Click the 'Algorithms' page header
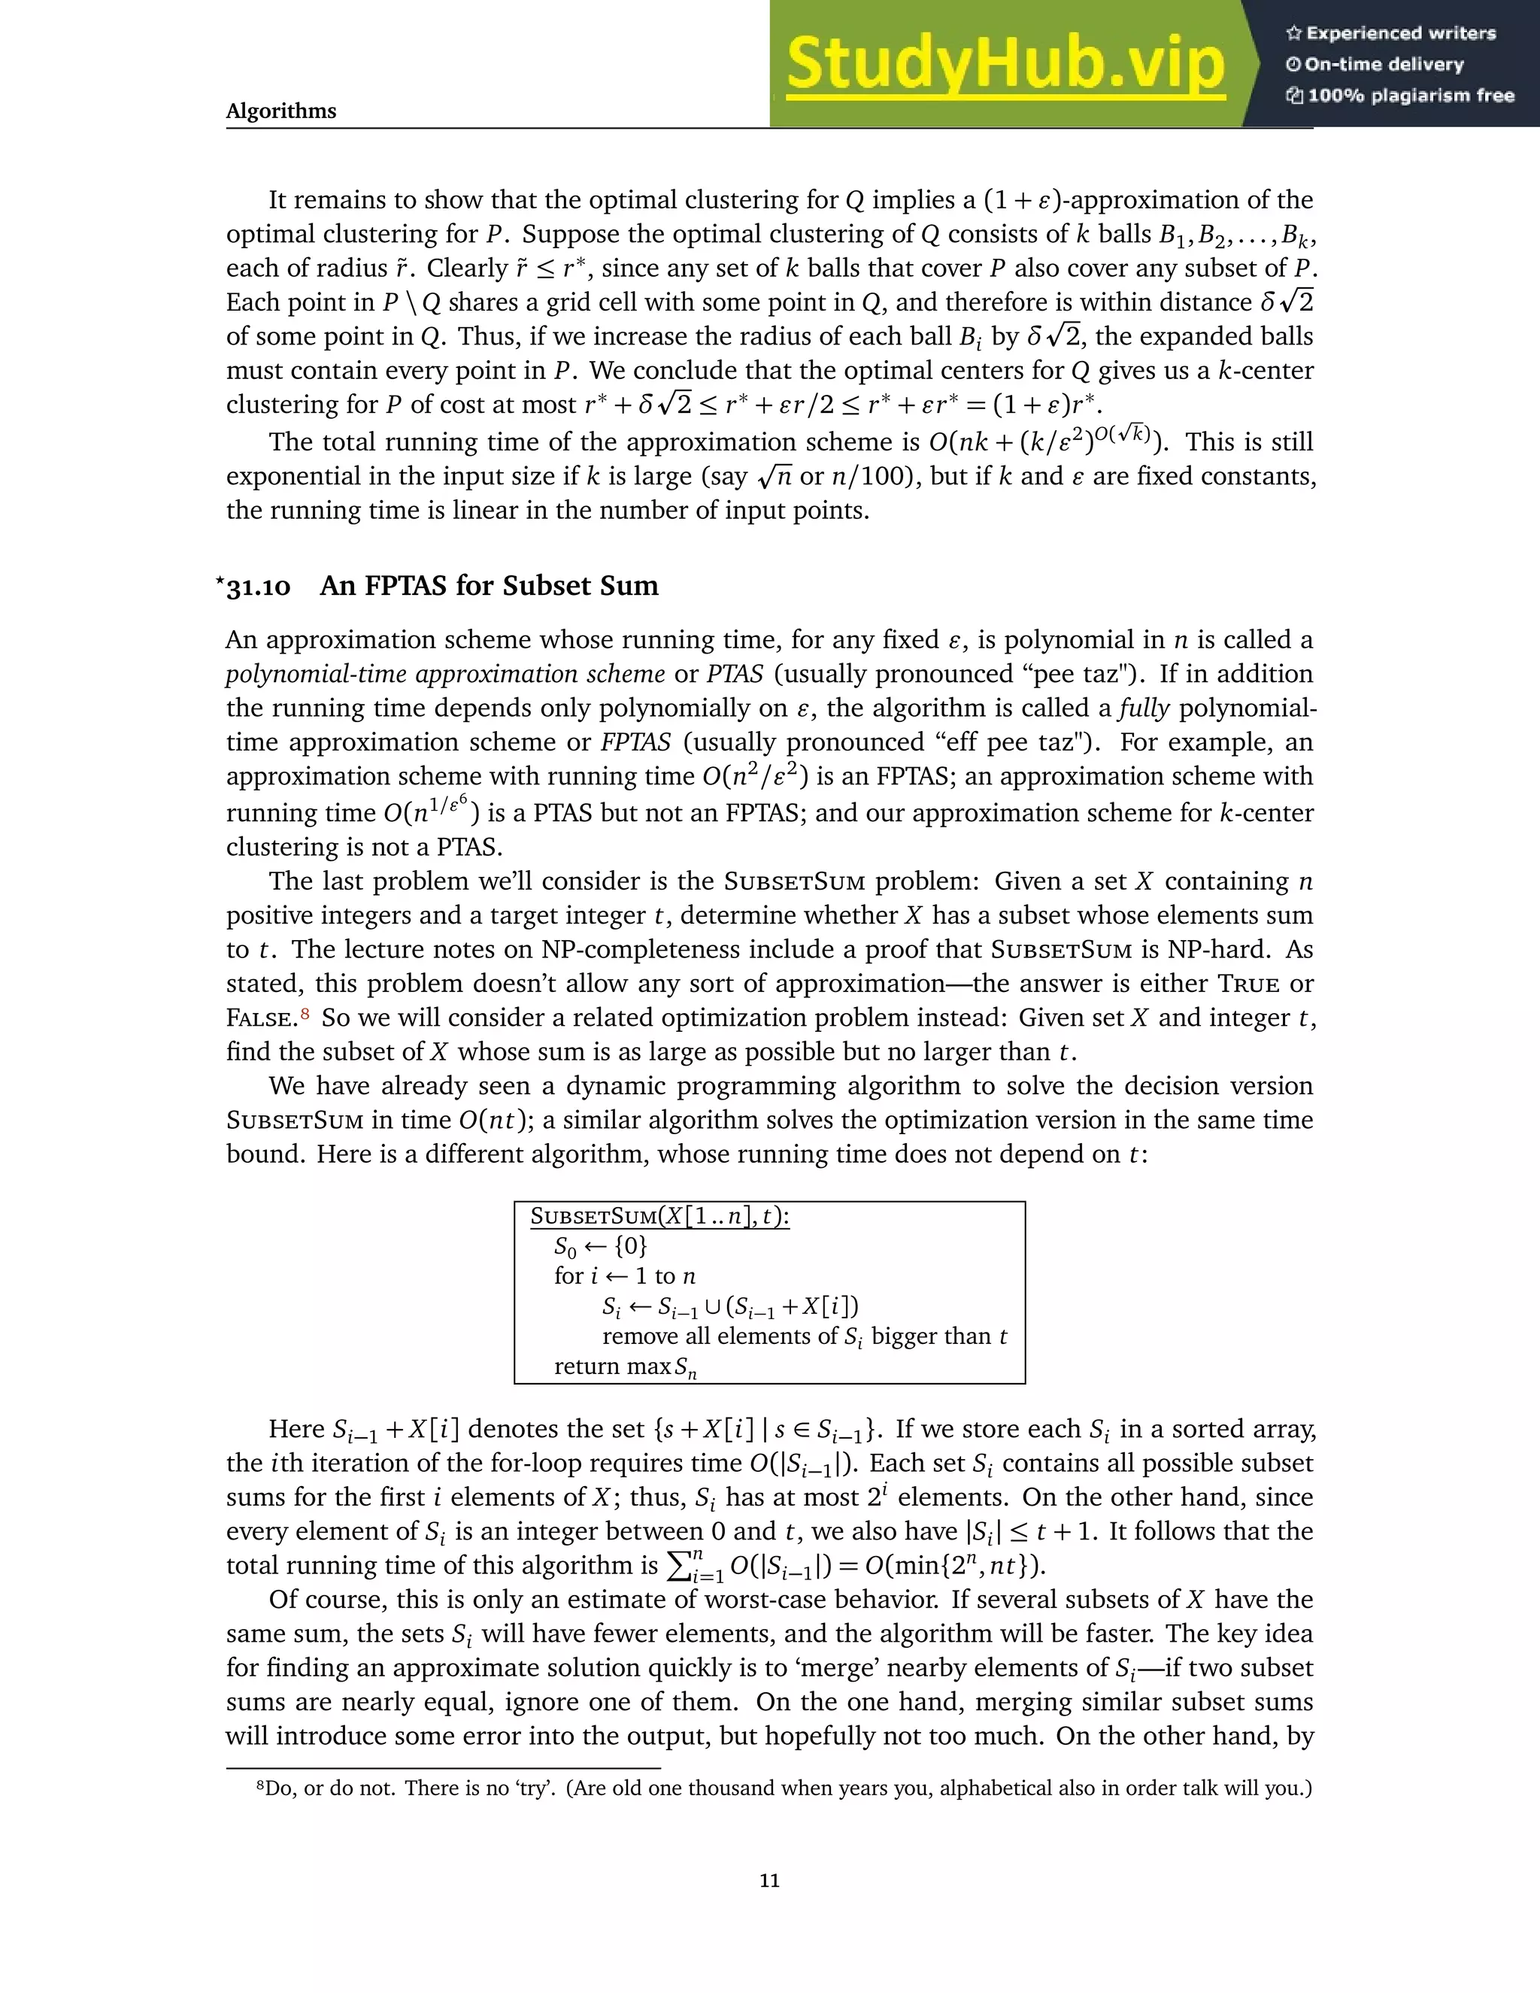pyautogui.click(x=281, y=111)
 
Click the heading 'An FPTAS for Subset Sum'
pyautogui.click(x=489, y=586)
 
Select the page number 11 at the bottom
pyautogui.click(x=769, y=1880)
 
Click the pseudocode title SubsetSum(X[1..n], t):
pyautogui.click(x=659, y=1216)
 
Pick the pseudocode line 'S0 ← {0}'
pyautogui.click(x=600, y=1246)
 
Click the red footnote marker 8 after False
pyautogui.click(x=305, y=1014)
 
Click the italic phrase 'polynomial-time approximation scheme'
pyautogui.click(x=445, y=675)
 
